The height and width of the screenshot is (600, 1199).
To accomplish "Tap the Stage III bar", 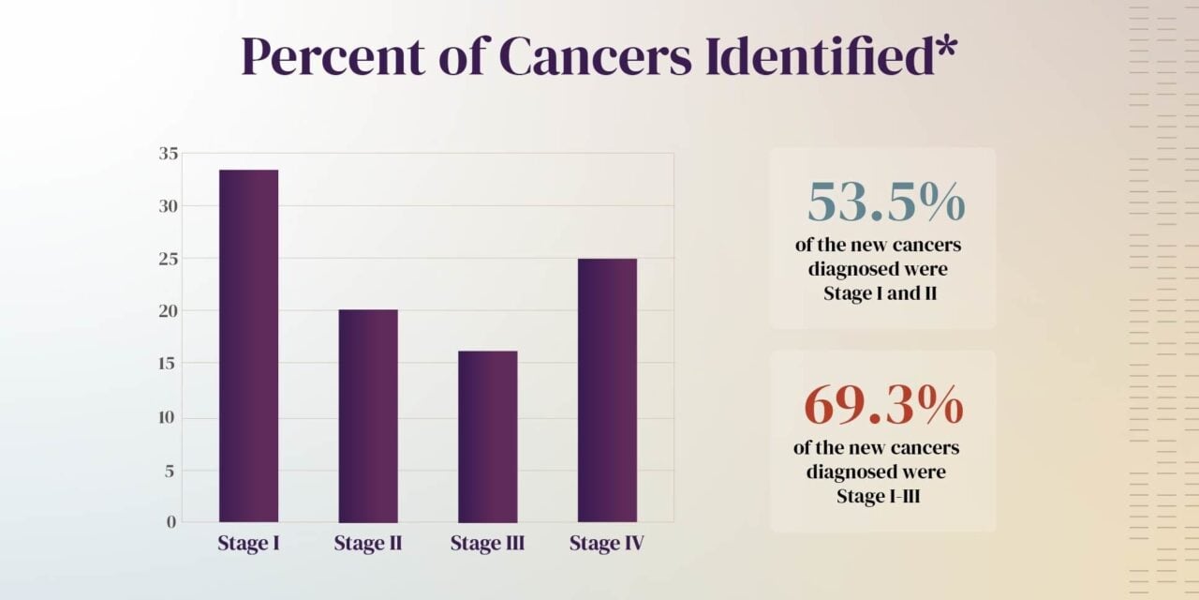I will [487, 436].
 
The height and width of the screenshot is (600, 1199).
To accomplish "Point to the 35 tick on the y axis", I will [169, 154].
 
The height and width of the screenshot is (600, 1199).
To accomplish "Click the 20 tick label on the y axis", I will [169, 311].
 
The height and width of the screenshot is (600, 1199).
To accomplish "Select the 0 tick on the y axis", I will [171, 522].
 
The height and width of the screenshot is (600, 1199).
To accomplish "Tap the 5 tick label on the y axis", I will [170, 471].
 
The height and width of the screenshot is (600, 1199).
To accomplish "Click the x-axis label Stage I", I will [249, 543].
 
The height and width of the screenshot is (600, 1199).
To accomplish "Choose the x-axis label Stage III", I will [487, 543].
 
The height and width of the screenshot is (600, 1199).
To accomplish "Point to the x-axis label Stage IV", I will [607, 543].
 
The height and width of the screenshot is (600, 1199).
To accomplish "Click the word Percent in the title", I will [323, 58].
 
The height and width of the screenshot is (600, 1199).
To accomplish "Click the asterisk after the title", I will [943, 47].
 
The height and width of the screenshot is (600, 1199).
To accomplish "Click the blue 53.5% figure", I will [885, 202].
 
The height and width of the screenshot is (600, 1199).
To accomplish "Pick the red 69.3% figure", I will [883, 405].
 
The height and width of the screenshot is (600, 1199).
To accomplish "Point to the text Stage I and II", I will [880, 292].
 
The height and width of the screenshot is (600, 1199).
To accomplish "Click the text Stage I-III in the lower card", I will [878, 495].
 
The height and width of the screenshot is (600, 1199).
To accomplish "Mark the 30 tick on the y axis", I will [169, 206].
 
